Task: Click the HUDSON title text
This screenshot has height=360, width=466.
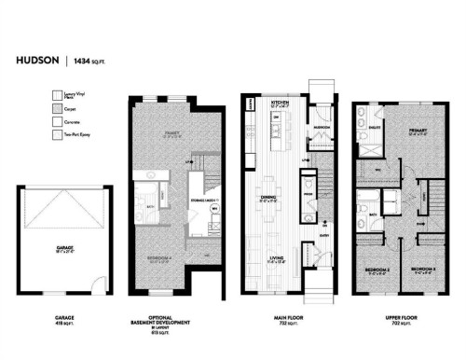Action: [x=35, y=62]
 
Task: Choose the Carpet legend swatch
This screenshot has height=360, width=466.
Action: [x=54, y=108]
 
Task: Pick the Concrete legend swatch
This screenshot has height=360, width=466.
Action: [x=54, y=122]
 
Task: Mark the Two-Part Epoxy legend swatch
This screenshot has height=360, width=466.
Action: [x=54, y=136]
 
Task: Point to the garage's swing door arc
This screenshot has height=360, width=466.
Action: [x=93, y=284]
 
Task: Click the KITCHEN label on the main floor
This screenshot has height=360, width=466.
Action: [x=278, y=101]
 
